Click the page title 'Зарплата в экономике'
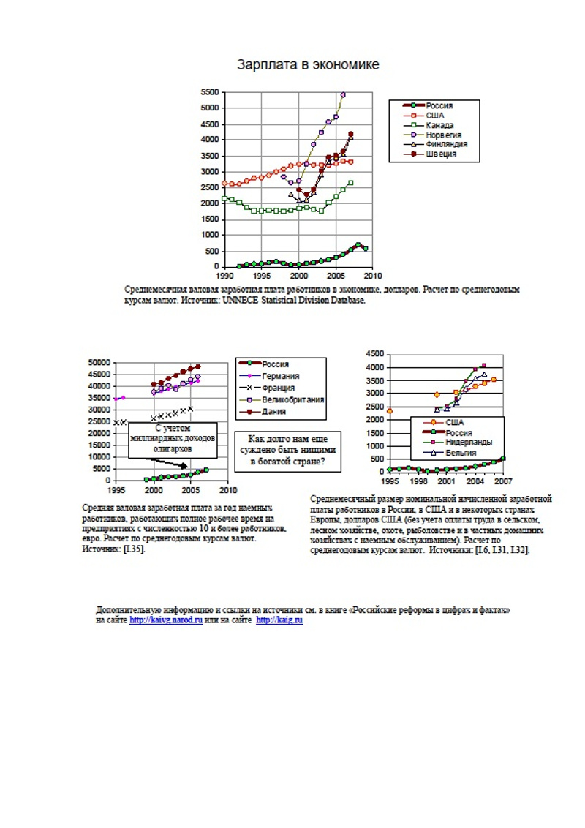[308, 65]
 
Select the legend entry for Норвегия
[443, 135]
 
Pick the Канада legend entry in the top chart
[440, 125]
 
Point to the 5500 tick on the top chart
[209, 93]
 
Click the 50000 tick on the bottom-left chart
[99, 363]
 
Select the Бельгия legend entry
[460, 452]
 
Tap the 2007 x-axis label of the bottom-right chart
[502, 482]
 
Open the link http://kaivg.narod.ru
[166, 620]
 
